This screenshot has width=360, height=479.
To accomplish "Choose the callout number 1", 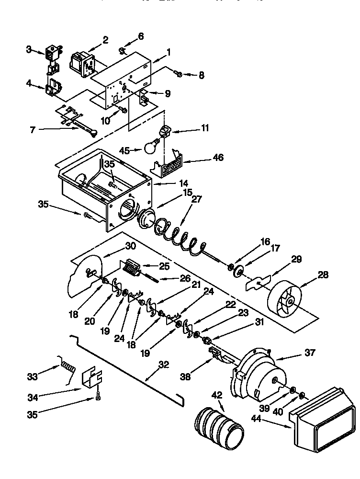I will point(168,52).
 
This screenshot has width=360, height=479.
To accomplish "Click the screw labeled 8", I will point(178,74).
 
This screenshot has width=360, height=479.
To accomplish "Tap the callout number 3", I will point(29,49).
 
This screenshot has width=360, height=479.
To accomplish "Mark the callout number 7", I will point(33,129).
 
